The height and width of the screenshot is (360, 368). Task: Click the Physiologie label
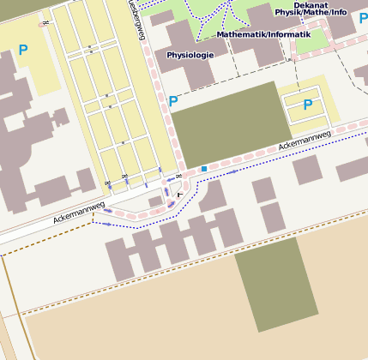[190, 56]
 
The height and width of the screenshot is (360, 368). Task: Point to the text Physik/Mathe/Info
[311, 13]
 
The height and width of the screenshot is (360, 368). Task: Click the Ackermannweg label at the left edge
[78, 212]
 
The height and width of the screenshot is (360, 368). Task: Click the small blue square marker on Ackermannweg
[204, 169]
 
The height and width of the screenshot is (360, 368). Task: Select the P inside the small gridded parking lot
[307, 104]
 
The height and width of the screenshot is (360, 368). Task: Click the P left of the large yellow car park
[22, 50]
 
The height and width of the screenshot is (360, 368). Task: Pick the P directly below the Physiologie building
[173, 101]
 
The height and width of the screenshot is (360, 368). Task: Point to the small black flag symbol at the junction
[179, 195]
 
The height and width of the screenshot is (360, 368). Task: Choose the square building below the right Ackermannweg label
[307, 170]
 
